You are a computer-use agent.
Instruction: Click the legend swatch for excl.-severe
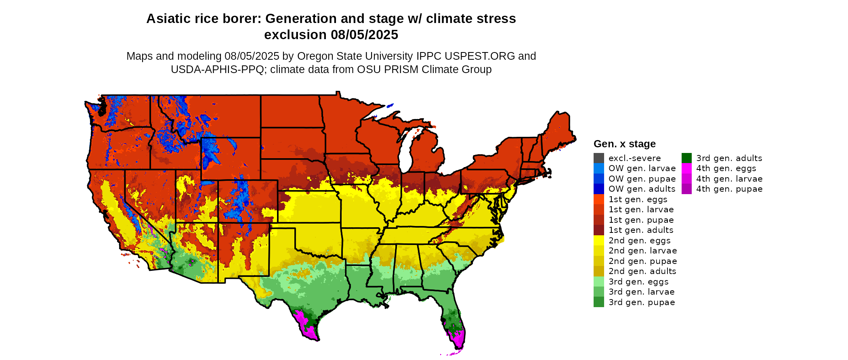[x=599, y=158]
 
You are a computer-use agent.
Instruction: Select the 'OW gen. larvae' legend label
[x=642, y=168]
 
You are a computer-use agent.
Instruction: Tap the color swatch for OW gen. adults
[x=599, y=189]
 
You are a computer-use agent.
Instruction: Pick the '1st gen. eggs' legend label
[x=638, y=199]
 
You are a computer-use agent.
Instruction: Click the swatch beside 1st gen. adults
[x=599, y=230]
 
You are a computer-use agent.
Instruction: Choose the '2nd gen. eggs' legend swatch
[x=599, y=241]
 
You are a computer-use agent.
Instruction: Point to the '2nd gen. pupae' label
[x=643, y=261]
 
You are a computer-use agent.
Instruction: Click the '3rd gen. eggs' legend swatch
[x=599, y=282]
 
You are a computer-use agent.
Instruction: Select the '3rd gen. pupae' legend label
[x=642, y=302]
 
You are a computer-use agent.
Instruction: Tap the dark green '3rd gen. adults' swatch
[x=686, y=158]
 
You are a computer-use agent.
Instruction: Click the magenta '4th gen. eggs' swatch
[x=686, y=168]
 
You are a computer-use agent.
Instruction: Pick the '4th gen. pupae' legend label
[x=729, y=189]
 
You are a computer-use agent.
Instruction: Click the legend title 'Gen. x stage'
[x=625, y=144]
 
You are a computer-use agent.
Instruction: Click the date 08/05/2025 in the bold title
[x=364, y=35]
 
